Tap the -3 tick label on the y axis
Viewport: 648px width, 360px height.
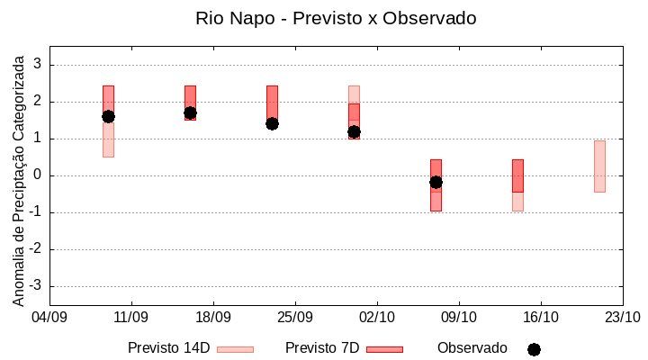coord(36,286)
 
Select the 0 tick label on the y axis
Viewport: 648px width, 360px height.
coord(39,175)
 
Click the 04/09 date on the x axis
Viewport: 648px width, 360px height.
coord(49,317)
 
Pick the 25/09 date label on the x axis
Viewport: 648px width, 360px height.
coord(294,317)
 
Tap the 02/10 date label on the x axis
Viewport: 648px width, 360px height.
coord(376,317)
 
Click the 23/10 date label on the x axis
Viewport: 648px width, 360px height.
coord(621,317)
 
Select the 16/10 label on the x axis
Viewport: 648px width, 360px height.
coord(540,317)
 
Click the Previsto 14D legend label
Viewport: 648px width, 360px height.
coord(168,348)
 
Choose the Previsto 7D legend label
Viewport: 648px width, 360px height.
coord(322,348)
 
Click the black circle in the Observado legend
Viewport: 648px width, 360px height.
coord(534,349)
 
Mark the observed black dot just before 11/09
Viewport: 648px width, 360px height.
coord(108,116)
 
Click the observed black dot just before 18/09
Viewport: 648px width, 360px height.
coord(190,113)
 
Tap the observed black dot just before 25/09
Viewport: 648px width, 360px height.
coord(272,123)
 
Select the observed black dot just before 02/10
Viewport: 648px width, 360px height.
coord(354,131)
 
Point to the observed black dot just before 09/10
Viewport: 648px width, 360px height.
coord(436,182)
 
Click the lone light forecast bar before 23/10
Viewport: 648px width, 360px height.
coord(599,166)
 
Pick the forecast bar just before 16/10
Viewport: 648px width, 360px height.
coord(517,184)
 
